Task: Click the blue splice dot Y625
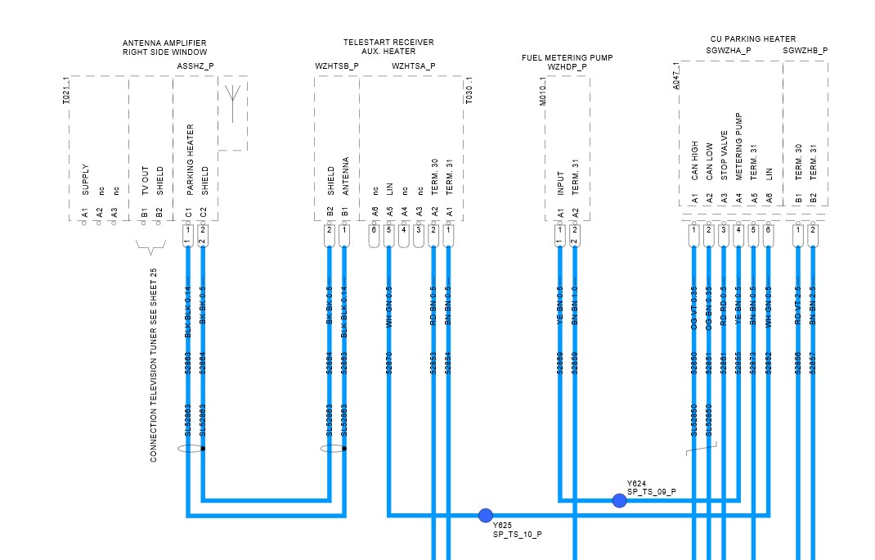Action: tap(486, 515)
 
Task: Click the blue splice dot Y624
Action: tap(619, 500)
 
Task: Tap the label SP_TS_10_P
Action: tap(517, 534)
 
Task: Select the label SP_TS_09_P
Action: tap(651, 491)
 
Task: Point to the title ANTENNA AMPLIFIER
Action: tap(164, 43)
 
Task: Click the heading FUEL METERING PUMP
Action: tap(567, 58)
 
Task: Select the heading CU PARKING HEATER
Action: tap(753, 39)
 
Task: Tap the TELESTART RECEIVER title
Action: tap(388, 43)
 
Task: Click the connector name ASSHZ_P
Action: tap(195, 65)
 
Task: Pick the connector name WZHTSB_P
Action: tap(337, 65)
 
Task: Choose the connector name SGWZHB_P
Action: tap(805, 51)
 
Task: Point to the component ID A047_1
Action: tap(675, 75)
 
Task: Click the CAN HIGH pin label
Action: tap(694, 161)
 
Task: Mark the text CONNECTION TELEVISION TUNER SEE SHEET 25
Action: tap(154, 364)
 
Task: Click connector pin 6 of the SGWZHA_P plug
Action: tap(768, 230)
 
